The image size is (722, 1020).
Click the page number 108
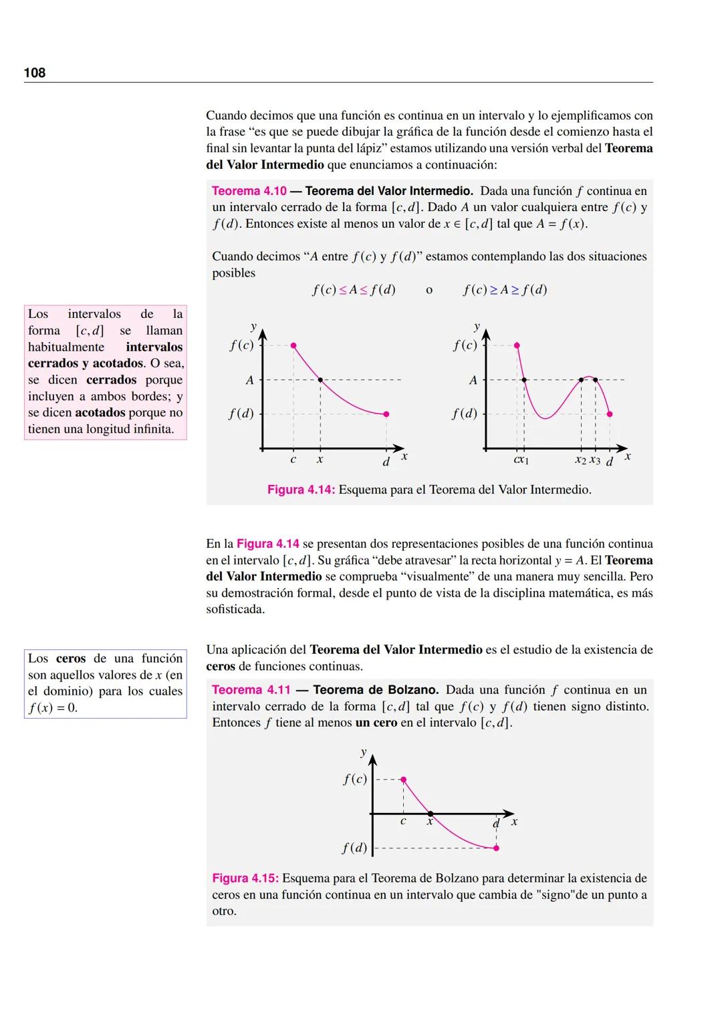(35, 73)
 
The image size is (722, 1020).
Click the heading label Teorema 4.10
(249, 191)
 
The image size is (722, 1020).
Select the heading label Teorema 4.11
(251, 689)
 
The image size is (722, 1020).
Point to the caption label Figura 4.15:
(245, 878)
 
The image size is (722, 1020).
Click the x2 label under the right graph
(580, 461)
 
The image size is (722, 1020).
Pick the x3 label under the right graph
(595, 461)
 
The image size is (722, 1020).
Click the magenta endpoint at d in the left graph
(386, 414)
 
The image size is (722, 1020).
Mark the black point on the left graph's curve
(320, 380)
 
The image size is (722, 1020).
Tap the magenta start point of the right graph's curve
(517, 345)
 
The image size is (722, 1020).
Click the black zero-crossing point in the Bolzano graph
(430, 814)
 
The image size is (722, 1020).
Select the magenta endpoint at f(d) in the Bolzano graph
(496, 848)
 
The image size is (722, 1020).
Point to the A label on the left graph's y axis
(249, 380)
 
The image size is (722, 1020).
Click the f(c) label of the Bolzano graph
(355, 779)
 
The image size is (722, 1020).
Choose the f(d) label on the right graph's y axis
(465, 413)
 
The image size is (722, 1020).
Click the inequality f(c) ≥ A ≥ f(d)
(505, 290)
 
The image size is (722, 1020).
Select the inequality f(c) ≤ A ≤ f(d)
(354, 290)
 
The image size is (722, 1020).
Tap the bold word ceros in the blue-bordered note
(71, 658)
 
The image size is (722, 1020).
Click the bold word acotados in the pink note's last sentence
(100, 413)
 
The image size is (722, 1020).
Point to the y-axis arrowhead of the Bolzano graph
(372, 759)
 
